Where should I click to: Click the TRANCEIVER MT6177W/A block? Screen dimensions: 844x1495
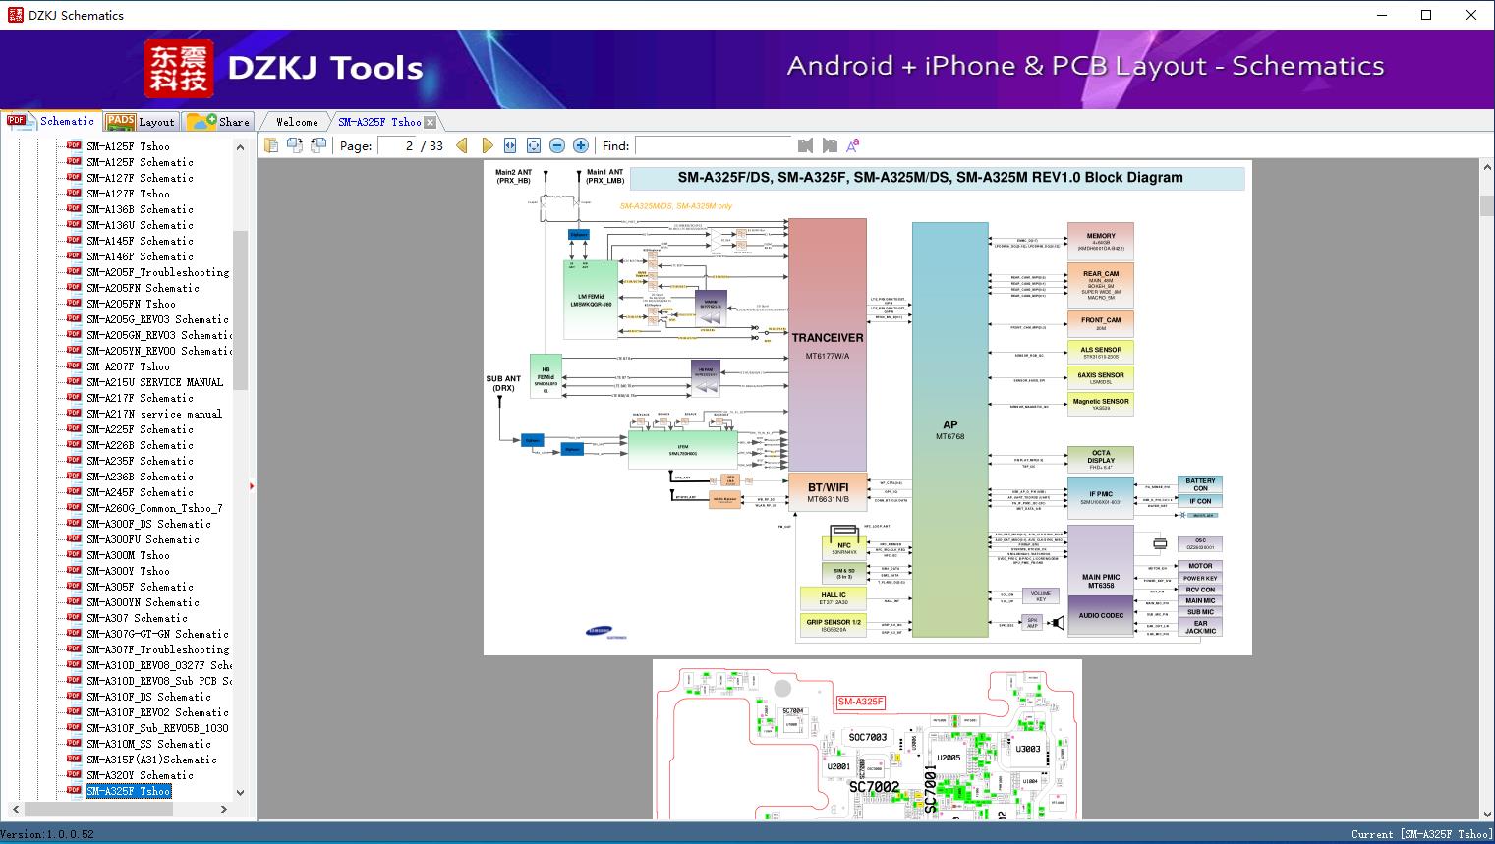pos(827,344)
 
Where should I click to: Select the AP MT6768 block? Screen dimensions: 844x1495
pos(949,429)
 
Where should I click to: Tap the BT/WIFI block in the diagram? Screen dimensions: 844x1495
pos(828,492)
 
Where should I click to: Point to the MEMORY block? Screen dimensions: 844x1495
pos(1100,241)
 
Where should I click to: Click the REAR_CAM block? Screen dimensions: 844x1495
pos(1100,285)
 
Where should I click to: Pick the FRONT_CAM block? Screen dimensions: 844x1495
pos(1100,323)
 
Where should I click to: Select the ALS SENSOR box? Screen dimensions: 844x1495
pos(1100,353)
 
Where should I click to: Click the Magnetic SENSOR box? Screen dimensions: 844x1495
pos(1100,404)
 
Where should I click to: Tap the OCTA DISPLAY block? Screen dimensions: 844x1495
pos(1100,460)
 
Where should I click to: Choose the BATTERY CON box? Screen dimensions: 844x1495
pos(1200,484)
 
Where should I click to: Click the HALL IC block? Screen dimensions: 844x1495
pos(833,597)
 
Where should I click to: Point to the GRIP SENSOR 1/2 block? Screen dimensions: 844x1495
pos(833,625)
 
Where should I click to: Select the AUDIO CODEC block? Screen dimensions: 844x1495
pos(1100,616)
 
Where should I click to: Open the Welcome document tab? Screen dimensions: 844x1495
pos(296,122)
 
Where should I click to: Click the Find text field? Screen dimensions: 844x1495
pos(713,145)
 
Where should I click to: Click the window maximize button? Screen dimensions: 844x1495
pos(1426,15)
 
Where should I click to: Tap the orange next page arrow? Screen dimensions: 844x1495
pos(487,145)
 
